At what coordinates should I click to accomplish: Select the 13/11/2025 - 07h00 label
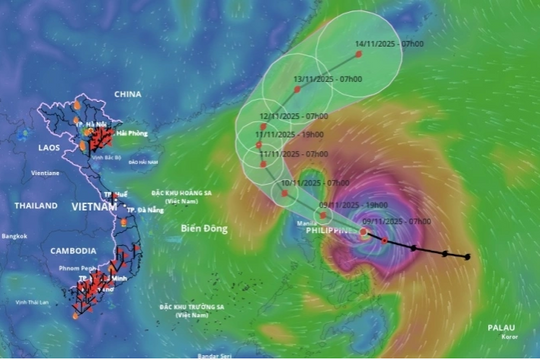(x=328, y=78)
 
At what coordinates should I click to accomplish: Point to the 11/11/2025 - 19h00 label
(x=289, y=134)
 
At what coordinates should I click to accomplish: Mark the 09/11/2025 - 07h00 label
(x=397, y=220)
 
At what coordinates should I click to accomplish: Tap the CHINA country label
(x=128, y=94)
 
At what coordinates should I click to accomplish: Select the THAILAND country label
(x=36, y=205)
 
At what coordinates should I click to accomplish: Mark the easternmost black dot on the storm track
(x=467, y=257)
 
